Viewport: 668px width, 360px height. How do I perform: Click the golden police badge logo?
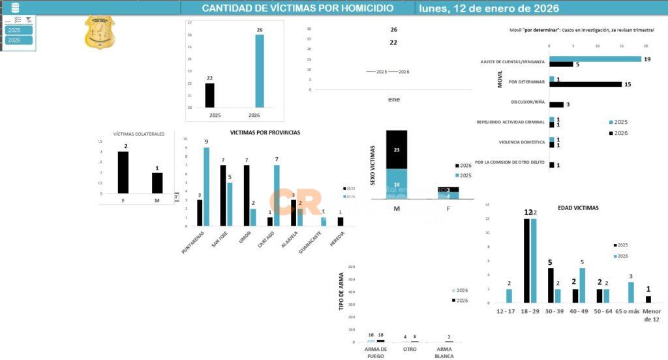click(x=100, y=33)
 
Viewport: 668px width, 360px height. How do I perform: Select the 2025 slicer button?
click(x=19, y=30)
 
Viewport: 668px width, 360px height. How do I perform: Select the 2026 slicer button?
click(x=19, y=40)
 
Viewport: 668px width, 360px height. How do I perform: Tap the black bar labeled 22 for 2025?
click(x=209, y=95)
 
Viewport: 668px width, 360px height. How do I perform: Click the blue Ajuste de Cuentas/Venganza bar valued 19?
click(x=596, y=59)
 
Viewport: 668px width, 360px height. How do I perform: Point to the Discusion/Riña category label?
click(x=527, y=102)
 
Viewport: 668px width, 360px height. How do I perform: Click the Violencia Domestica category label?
click(x=521, y=142)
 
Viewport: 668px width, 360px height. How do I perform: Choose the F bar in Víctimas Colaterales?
click(x=123, y=172)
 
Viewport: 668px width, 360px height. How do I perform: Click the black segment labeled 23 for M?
click(x=397, y=149)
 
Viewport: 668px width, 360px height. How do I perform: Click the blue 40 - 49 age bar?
click(x=582, y=286)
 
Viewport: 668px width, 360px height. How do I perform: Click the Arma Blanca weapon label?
click(x=445, y=352)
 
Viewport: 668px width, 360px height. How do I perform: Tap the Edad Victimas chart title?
click(x=578, y=208)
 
